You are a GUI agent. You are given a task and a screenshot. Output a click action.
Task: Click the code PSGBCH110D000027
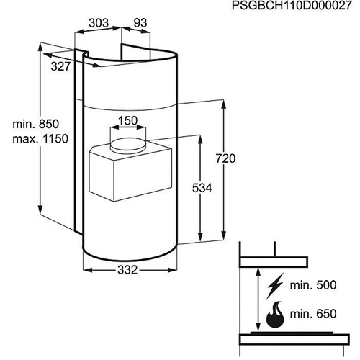(292, 6)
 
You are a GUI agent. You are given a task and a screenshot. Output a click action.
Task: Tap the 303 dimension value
(99, 23)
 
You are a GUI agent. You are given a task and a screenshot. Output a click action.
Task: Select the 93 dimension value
(140, 23)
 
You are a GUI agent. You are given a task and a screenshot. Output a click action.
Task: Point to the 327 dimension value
(60, 66)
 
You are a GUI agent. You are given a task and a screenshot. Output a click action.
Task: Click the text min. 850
(35, 124)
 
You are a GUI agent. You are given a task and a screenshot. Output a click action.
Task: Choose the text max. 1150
(40, 139)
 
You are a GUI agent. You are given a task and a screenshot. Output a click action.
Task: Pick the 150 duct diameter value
(127, 120)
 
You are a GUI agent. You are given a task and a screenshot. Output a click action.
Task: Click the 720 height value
(225, 158)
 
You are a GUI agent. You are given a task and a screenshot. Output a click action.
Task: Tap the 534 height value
(202, 188)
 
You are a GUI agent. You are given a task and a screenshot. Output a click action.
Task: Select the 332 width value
(127, 270)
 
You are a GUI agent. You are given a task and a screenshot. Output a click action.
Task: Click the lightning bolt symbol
(275, 286)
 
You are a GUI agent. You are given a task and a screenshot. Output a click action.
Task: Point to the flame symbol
(275, 315)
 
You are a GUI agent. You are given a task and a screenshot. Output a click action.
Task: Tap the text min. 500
(313, 285)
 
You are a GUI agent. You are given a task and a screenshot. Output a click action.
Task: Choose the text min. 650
(313, 314)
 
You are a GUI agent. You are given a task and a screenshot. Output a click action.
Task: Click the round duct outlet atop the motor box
(128, 144)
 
